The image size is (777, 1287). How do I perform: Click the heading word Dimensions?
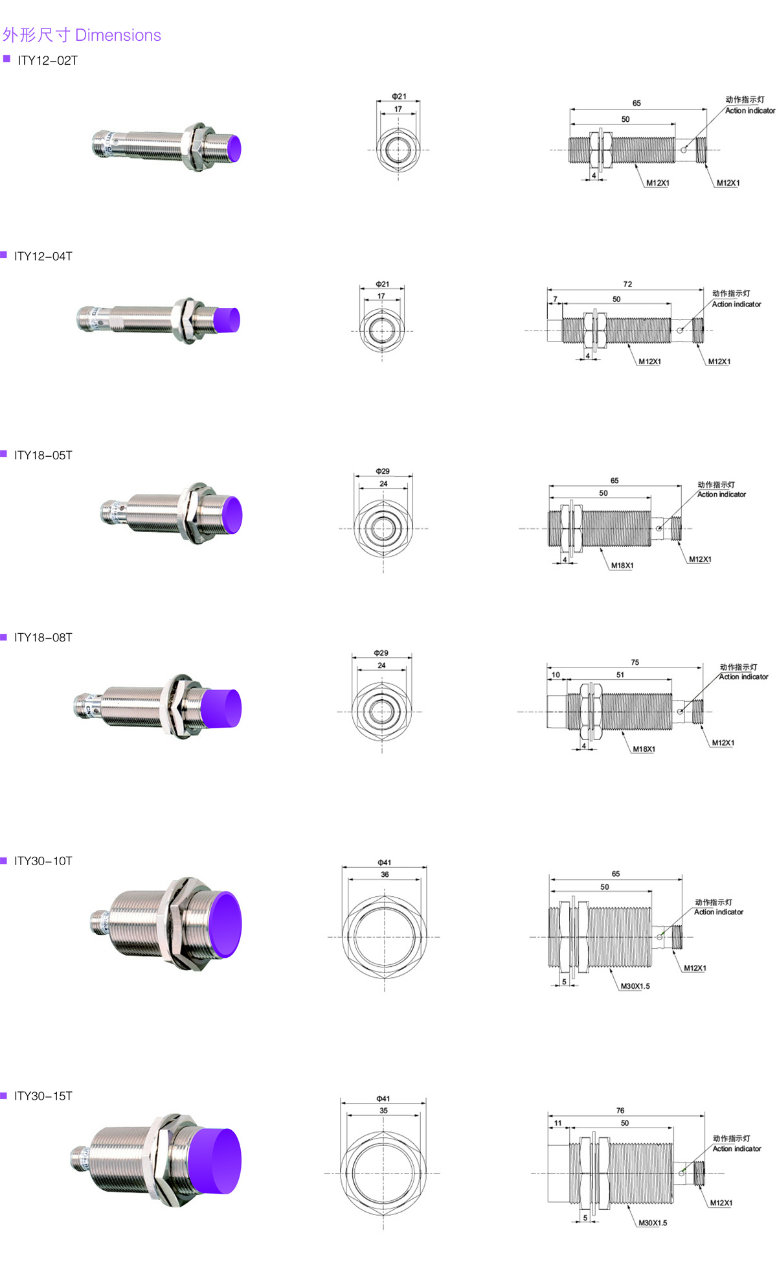click(x=118, y=35)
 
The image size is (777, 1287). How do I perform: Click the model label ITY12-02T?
click(x=48, y=60)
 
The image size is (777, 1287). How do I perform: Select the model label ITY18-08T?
click(x=43, y=638)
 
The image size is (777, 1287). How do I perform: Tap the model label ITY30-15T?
click(x=43, y=1096)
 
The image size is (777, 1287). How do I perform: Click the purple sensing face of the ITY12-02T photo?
click(x=234, y=148)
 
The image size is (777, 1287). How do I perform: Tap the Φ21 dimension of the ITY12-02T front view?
click(x=399, y=97)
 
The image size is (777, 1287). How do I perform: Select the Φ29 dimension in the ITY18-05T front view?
click(x=383, y=471)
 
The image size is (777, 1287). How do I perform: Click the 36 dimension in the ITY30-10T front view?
click(x=385, y=874)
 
